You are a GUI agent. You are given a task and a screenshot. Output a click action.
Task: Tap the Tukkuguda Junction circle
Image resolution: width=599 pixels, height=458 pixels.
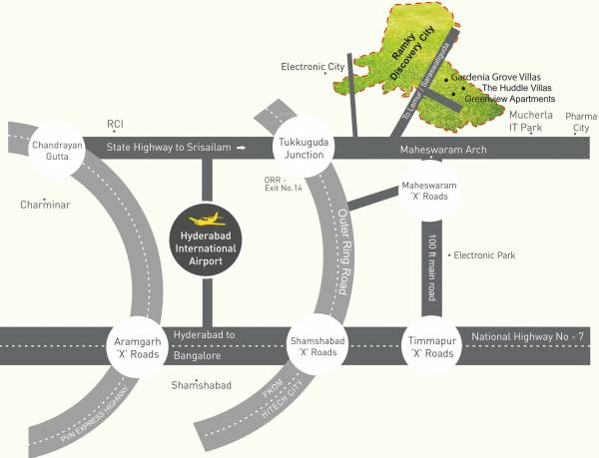pyautogui.click(x=302, y=148)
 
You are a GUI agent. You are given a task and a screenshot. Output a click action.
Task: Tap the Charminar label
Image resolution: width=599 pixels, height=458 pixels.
pyautogui.click(x=44, y=206)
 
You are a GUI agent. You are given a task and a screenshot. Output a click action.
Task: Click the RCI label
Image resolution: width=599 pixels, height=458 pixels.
pyautogui.click(x=115, y=124)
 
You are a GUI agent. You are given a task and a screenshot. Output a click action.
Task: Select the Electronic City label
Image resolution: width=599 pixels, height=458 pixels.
pyautogui.click(x=312, y=67)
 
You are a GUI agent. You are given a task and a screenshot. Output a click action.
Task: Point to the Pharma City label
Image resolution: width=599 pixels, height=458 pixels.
pyautogui.click(x=579, y=122)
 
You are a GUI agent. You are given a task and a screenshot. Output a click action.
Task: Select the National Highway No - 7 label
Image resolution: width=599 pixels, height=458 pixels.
pyautogui.click(x=526, y=337)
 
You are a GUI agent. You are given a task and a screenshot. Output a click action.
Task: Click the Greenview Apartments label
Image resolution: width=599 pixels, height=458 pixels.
pyautogui.click(x=507, y=100)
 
